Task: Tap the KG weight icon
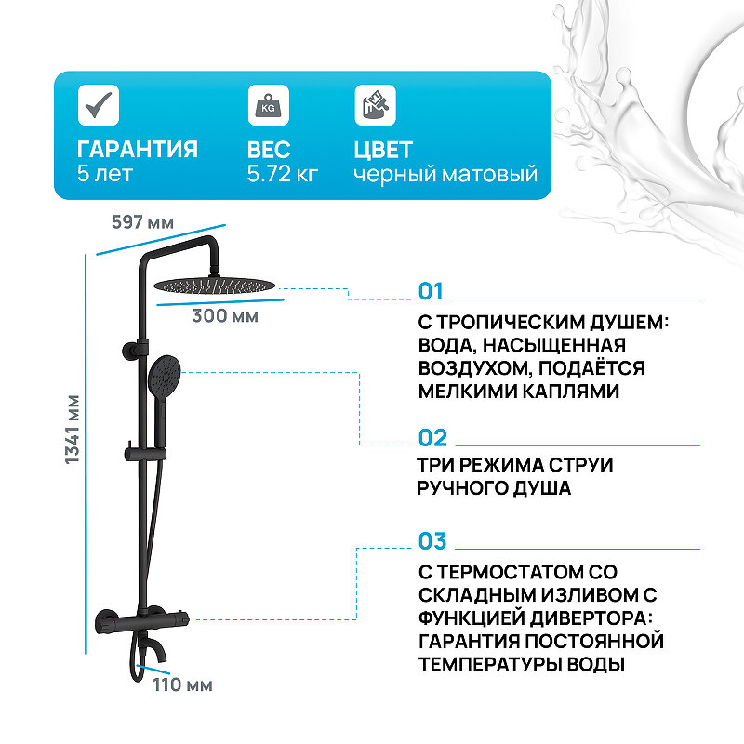(x=268, y=104)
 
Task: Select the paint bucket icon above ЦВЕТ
(x=375, y=104)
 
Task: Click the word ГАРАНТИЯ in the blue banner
(x=137, y=150)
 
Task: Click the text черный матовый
(x=445, y=174)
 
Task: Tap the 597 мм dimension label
(x=142, y=223)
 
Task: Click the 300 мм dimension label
(x=225, y=315)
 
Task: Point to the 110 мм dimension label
(x=182, y=685)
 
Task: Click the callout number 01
(x=432, y=291)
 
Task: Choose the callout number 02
(x=432, y=438)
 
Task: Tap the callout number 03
(x=432, y=541)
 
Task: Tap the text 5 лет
(x=105, y=174)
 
